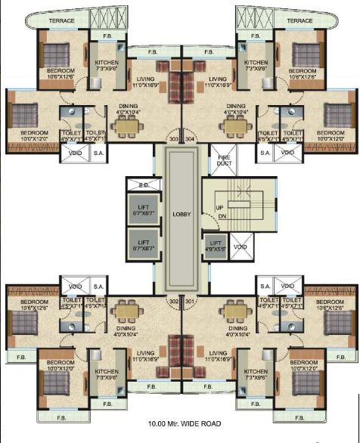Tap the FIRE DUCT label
(223, 160)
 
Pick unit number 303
(173, 138)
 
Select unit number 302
(173, 302)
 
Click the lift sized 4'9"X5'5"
(214, 246)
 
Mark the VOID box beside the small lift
(240, 246)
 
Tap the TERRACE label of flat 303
(62, 20)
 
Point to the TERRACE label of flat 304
(299, 20)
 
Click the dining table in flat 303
(127, 127)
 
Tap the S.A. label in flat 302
(98, 287)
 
